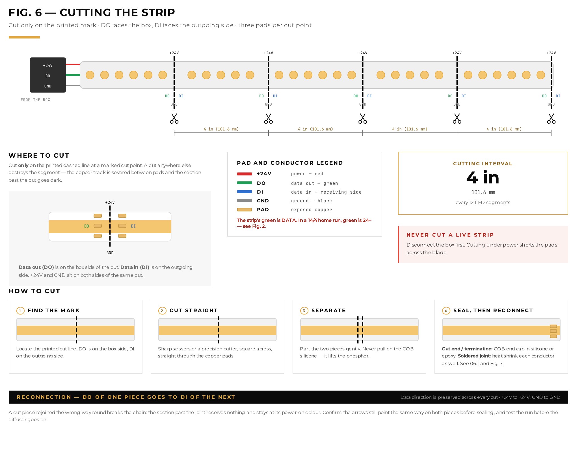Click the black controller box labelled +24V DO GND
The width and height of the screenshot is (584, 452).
[x=48, y=75]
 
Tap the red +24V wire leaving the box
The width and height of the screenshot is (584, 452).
[x=73, y=65]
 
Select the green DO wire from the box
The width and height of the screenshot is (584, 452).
[x=73, y=75]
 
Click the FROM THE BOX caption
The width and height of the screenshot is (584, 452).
[x=35, y=100]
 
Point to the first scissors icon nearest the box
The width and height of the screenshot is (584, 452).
[x=174, y=119]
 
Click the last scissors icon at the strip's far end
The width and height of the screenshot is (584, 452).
[x=551, y=119]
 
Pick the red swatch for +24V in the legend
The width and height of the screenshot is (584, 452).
[x=245, y=174]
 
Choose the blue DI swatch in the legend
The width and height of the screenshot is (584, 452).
[x=245, y=192]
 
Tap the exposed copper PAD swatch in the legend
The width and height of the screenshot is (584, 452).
[x=245, y=210]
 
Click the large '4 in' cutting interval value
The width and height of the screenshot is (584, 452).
[x=483, y=177]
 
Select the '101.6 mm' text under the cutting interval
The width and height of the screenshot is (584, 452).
[x=483, y=192]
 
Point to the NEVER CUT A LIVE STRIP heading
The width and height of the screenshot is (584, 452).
[x=450, y=235]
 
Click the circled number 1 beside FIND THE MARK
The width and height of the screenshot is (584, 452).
[x=20, y=311]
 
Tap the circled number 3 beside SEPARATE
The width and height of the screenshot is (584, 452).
[x=304, y=311]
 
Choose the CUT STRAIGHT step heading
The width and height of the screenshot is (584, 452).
[x=194, y=310]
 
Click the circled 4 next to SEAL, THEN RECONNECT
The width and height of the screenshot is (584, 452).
[x=446, y=311]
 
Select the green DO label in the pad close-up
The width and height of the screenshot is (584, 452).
[x=86, y=226]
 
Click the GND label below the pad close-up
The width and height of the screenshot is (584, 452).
[x=110, y=253]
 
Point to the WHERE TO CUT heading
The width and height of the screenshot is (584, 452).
[x=39, y=155]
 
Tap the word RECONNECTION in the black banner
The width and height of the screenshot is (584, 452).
[x=44, y=397]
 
